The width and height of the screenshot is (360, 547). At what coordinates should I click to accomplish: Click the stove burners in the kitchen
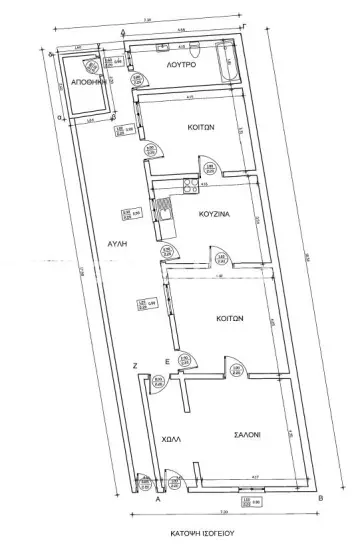tap(187, 183)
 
